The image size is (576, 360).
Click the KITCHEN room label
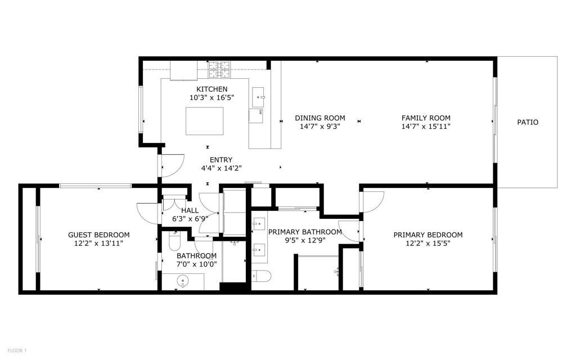[x=211, y=89]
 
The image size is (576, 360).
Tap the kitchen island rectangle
[x=204, y=120]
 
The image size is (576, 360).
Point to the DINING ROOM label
[x=319, y=118]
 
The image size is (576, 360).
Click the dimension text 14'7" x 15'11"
[x=426, y=127]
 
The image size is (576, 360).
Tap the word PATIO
[x=528, y=122]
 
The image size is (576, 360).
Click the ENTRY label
[x=220, y=160]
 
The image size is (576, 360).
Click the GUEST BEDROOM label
[x=98, y=235]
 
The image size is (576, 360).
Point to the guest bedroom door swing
[x=146, y=214]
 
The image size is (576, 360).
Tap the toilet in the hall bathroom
[x=174, y=242]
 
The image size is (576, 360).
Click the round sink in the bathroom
[x=182, y=280]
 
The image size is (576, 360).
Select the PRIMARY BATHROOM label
[x=305, y=232]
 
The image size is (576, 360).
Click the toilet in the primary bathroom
[x=262, y=276]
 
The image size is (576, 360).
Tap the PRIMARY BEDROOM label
[x=427, y=235]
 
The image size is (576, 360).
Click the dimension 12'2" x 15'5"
[x=427, y=244]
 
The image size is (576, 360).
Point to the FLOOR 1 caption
[x=16, y=351]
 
